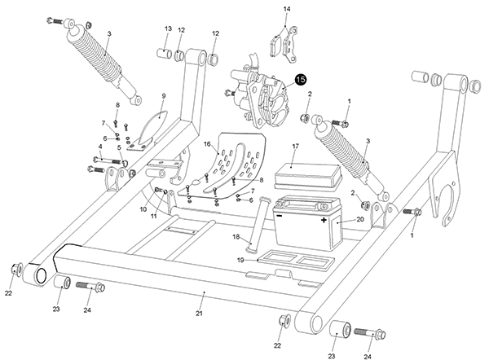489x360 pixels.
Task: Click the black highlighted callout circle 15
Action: point(301,80)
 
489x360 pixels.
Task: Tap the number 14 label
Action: point(286,8)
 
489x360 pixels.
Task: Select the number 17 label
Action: point(295,146)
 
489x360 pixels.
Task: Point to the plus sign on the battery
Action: point(324,220)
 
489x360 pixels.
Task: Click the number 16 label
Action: point(207,144)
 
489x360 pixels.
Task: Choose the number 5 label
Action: point(119,147)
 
